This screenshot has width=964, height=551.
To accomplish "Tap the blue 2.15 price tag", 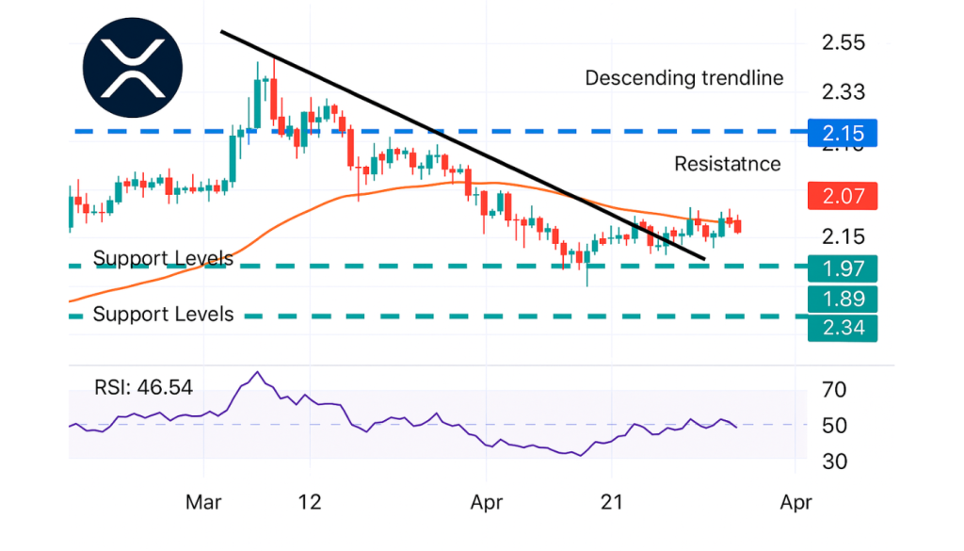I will tap(843, 133).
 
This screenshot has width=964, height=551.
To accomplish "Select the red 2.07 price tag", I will tap(843, 197).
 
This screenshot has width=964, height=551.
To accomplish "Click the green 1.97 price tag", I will tap(843, 267).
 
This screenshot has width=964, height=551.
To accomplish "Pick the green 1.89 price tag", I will tap(843, 299).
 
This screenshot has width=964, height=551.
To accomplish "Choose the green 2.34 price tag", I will tap(843, 327).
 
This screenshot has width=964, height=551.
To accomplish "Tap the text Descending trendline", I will tap(684, 78).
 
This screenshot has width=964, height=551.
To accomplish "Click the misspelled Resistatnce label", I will tap(728, 164).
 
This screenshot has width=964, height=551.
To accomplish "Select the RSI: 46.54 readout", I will tap(142, 387).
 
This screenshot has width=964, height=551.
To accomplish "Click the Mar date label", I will tap(203, 502).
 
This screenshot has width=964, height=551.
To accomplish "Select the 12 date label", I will tap(309, 502).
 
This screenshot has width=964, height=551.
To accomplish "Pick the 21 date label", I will tap(612, 502).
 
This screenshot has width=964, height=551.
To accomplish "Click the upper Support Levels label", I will tap(163, 258).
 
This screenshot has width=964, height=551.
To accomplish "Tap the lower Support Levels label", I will tap(163, 315).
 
